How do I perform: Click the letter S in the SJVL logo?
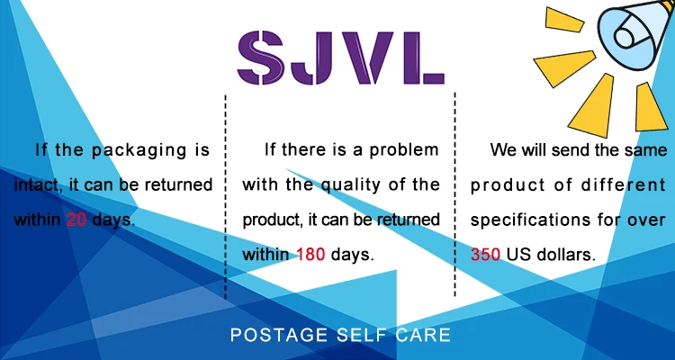click(260, 58)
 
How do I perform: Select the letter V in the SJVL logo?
click(368, 58)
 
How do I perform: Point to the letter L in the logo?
click(424, 58)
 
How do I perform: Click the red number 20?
click(76, 220)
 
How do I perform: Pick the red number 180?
click(310, 255)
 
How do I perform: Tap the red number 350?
click(485, 255)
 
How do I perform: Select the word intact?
click(35, 185)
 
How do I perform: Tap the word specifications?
click(530, 220)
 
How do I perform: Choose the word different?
click(623, 185)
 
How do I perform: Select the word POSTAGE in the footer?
click(278, 335)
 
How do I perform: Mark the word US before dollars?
click(517, 255)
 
